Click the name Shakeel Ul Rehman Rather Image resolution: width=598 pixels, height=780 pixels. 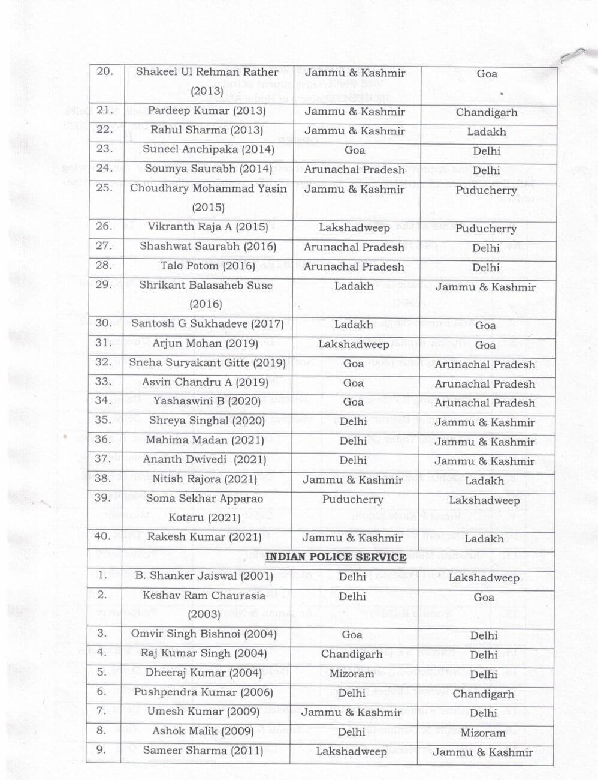(207, 72)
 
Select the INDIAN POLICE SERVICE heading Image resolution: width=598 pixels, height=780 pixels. (336, 557)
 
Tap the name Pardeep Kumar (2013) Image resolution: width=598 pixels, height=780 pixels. (207, 110)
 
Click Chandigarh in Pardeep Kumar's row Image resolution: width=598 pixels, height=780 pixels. (486, 112)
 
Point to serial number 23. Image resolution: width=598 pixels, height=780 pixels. (104, 148)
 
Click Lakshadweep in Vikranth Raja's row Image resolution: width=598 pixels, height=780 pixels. (354, 227)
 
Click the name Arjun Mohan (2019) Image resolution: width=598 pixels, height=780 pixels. (206, 343)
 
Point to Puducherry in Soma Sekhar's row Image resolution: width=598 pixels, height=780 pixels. (352, 499)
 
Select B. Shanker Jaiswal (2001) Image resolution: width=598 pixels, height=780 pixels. (204, 576)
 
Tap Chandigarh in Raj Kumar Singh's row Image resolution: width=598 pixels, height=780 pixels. (352, 654)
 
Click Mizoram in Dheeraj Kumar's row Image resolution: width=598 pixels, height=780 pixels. (352, 673)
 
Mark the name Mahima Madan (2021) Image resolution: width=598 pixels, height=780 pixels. (205, 440)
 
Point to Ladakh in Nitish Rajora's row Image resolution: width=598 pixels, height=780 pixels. (484, 481)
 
